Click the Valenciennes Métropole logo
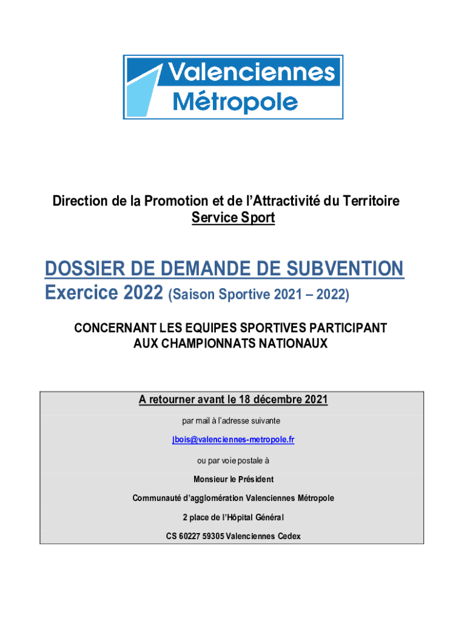coord(233,87)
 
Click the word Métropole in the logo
coord(235,101)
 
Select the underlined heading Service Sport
coord(233,218)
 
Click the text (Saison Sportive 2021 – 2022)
coord(259,295)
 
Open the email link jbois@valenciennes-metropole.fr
coord(233,440)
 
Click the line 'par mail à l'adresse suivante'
coord(231,420)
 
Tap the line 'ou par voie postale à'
coord(233,460)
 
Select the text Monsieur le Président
coord(233,479)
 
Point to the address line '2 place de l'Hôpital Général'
coord(233,517)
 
